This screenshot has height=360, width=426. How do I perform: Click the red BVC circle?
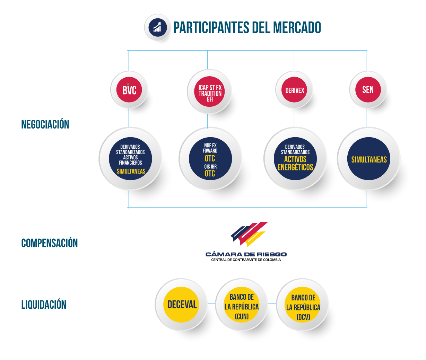point(129,90)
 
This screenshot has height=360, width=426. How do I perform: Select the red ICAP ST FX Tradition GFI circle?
point(209,91)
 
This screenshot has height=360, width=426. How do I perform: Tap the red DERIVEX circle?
point(294,90)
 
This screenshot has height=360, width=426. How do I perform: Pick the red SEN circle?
point(368,90)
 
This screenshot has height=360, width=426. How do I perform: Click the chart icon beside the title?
point(158,27)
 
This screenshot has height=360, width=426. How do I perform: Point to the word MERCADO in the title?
point(297,27)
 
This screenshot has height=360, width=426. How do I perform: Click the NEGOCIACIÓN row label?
point(45,124)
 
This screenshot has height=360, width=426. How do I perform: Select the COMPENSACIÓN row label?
point(50,243)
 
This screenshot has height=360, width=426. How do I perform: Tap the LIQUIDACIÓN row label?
point(44,305)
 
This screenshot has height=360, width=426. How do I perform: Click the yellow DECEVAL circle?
point(181,305)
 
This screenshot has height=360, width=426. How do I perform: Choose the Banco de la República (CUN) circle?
point(242,305)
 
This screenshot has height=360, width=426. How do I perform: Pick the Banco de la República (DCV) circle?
point(303,305)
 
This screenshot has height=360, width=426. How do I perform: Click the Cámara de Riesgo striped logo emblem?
point(249,234)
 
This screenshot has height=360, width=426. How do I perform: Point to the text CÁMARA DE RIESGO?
point(246,254)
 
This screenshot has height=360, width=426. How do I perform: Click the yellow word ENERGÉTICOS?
point(295,167)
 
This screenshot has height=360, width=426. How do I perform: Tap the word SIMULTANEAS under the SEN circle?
point(369,159)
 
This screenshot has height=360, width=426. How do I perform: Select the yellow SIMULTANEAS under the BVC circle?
point(131,171)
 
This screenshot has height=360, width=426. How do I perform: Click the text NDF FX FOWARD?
point(210,148)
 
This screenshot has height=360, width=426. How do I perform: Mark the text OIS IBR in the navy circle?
point(210,167)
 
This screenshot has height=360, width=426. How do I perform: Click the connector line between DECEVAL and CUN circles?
point(211,303)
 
